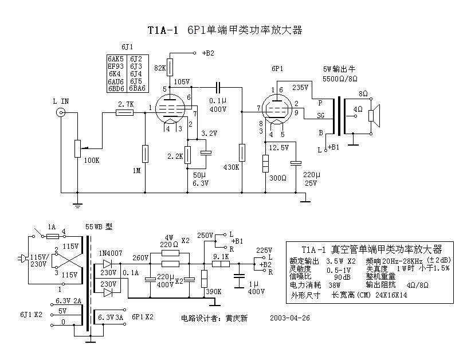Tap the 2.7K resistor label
coord(125,104)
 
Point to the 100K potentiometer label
coord(91,161)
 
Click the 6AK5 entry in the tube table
coord(116,59)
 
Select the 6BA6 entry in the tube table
coord(138,88)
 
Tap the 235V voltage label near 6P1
coord(300,88)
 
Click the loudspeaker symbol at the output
coord(374,116)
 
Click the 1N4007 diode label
coord(111,253)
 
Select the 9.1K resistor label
coord(221,256)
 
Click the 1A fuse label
coord(51,227)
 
